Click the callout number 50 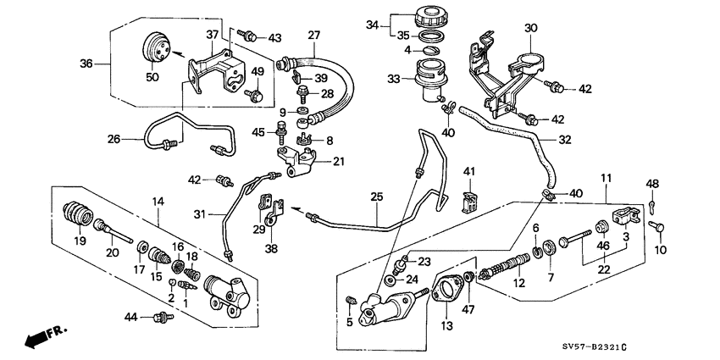(x=152, y=78)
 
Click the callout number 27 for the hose (x=314, y=36)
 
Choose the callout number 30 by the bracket (x=531, y=27)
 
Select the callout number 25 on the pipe (x=377, y=197)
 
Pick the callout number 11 (x=605, y=178)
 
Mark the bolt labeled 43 (x=248, y=36)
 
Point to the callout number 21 (x=340, y=162)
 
